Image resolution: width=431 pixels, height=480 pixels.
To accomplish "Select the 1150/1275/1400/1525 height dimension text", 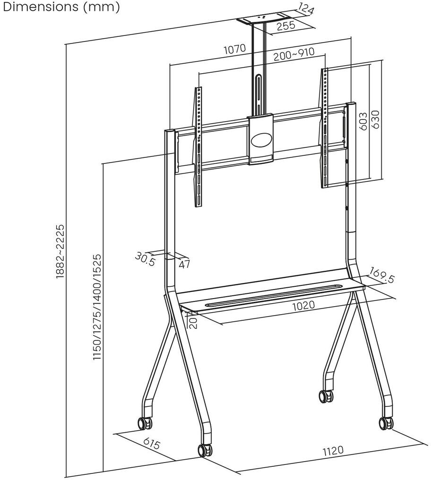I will point(97,308).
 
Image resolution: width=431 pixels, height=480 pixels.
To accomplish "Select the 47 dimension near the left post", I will point(184,264).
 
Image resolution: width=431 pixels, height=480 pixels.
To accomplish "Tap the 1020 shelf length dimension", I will point(303,305).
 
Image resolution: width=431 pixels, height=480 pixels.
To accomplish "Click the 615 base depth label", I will point(152,444).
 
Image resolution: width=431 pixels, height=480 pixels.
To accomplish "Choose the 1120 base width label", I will point(333,450).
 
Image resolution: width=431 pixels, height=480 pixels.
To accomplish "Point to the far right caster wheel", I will point(386,422).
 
